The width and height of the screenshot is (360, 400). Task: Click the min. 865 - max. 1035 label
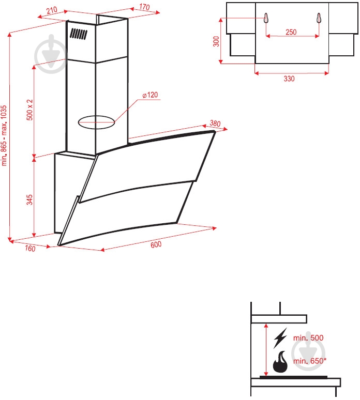(x=5, y=135)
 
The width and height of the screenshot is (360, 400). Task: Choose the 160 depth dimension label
(x=29, y=249)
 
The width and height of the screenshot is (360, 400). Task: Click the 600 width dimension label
(x=157, y=244)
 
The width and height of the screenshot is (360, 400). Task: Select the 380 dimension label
(x=215, y=124)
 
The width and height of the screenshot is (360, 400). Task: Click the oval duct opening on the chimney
(x=96, y=123)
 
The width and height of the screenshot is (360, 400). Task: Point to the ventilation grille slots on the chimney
(x=79, y=35)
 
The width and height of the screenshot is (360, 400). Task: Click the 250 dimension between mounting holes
(x=291, y=32)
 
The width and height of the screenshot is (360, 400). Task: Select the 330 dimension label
(x=289, y=79)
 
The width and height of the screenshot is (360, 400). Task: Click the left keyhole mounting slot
(x=267, y=18)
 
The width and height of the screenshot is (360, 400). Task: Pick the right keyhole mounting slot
(x=318, y=18)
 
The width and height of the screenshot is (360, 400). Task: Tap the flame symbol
(x=280, y=362)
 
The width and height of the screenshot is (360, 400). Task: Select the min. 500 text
(x=308, y=337)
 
